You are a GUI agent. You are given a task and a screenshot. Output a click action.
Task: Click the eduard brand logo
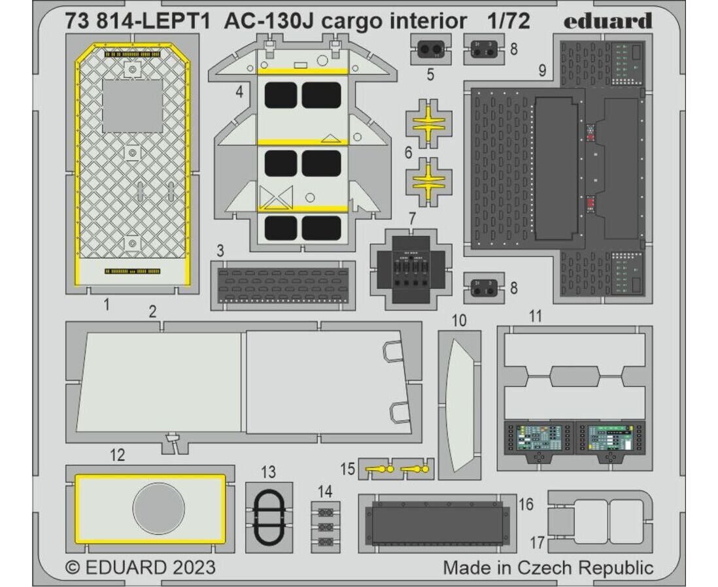pos(607,21)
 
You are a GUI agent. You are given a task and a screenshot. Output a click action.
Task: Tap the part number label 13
pos(269,472)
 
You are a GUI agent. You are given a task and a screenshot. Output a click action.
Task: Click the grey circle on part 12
pos(158,509)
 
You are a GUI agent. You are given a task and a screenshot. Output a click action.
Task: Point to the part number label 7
pos(412,219)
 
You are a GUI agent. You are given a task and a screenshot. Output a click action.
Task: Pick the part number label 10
pos(459,320)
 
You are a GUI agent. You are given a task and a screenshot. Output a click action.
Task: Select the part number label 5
pos(430,74)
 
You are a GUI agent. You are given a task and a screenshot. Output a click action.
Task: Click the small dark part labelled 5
pos(430,49)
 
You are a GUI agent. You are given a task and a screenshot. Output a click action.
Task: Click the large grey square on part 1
pos(132,106)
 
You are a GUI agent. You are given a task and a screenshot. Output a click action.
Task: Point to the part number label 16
pos(526,504)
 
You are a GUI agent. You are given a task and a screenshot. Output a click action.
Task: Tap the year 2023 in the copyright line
pos(194,568)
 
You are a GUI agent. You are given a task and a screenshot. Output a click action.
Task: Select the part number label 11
pos(536,316)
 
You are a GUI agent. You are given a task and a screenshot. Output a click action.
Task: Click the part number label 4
pos(239,92)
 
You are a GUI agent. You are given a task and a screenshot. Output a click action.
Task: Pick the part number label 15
pos(348,469)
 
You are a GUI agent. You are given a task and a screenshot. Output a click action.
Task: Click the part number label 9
pos(542,71)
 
